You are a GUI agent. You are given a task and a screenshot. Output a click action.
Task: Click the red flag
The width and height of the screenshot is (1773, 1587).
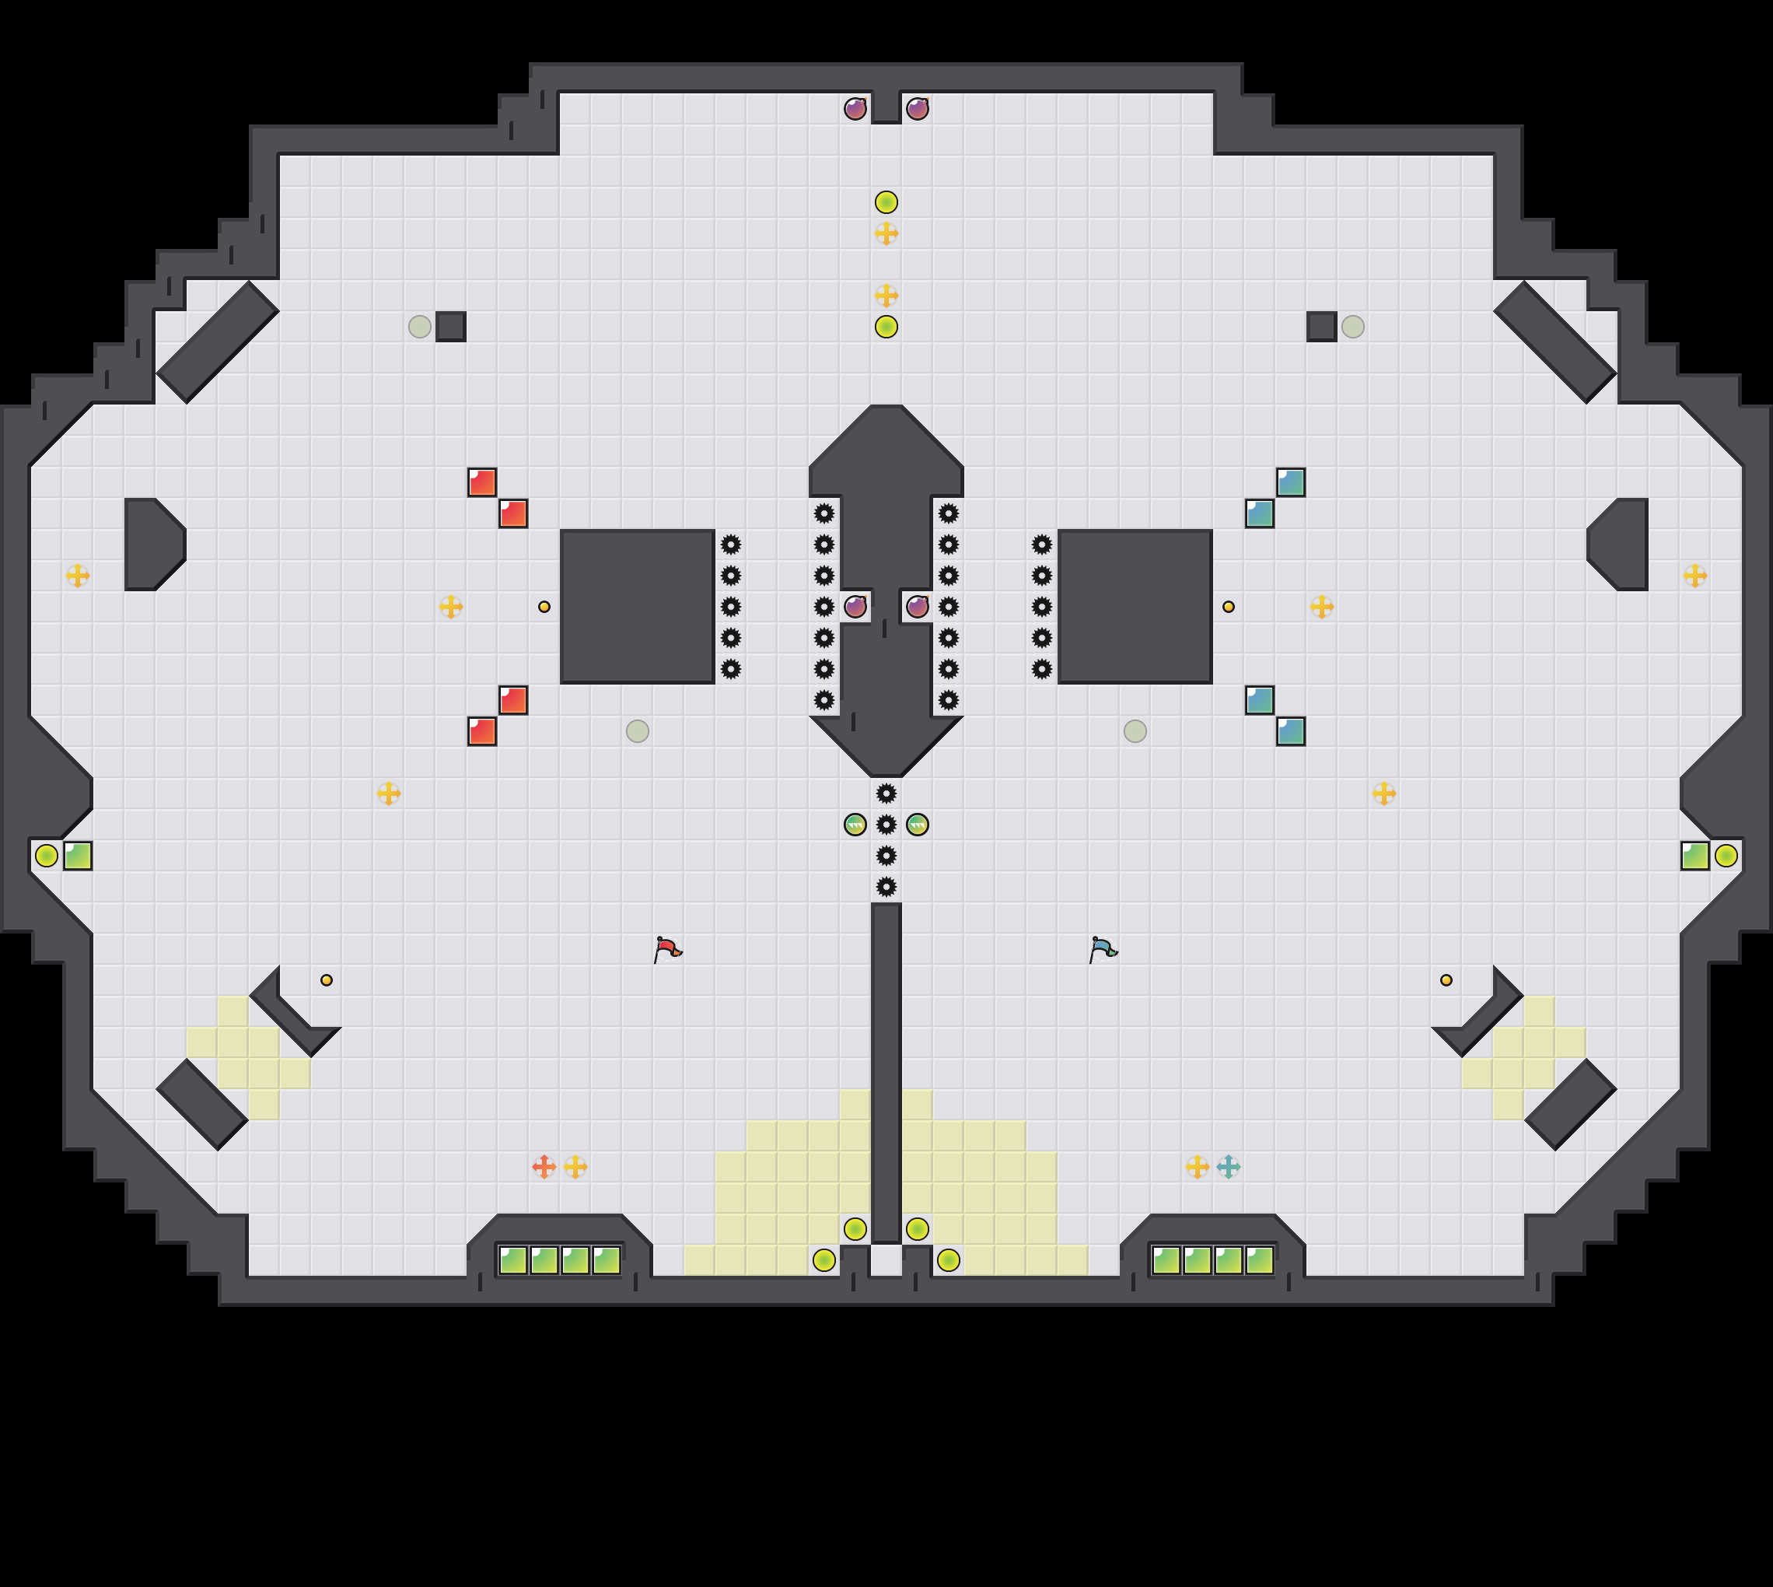pyautogui.click(x=668, y=949)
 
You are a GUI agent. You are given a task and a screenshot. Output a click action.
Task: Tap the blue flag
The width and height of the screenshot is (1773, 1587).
pyautogui.click(x=1103, y=949)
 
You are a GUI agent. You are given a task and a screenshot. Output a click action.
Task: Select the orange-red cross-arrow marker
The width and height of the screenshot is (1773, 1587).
pyautogui.click(x=544, y=1167)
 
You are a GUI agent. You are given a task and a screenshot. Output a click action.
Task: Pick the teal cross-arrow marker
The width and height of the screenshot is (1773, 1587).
pyautogui.click(x=1228, y=1167)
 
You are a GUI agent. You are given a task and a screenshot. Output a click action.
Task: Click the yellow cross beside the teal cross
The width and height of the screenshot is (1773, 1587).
pyautogui.click(x=1198, y=1167)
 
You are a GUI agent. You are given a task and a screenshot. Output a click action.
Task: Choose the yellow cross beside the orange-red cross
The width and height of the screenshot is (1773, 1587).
pyautogui.click(x=575, y=1167)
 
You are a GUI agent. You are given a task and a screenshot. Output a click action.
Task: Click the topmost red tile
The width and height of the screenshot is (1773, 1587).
pyautogui.click(x=482, y=482)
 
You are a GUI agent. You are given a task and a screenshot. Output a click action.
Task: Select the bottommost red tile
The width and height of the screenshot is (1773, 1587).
pyautogui.click(x=482, y=731)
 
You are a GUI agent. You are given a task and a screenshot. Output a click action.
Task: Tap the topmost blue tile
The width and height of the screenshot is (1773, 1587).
pyautogui.click(x=1291, y=482)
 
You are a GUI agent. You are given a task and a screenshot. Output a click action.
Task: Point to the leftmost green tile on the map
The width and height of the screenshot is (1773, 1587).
pyautogui.click(x=78, y=856)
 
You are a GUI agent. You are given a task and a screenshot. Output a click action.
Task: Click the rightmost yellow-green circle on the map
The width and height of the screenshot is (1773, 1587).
pyautogui.click(x=1726, y=856)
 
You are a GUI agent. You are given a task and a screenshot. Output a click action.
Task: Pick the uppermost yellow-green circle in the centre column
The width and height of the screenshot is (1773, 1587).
pyautogui.click(x=886, y=202)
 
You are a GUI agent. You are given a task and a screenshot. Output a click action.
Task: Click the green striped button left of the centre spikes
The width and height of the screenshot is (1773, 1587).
pyautogui.click(x=855, y=825)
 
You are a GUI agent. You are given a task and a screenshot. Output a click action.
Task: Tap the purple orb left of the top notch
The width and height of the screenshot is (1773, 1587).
pyautogui.click(x=855, y=109)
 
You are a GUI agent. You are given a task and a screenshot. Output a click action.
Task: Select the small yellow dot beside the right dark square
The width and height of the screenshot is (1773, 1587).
pyautogui.click(x=1228, y=607)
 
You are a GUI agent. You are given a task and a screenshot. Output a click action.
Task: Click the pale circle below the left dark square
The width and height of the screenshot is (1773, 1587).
pyautogui.click(x=637, y=731)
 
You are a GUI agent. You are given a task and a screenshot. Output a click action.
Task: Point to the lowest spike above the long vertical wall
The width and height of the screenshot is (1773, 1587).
pyautogui.click(x=886, y=887)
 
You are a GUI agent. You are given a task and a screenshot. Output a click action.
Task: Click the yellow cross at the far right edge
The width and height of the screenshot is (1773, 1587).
pyautogui.click(x=1694, y=576)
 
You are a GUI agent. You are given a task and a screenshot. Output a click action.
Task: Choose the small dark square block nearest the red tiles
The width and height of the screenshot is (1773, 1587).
pyautogui.click(x=451, y=327)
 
